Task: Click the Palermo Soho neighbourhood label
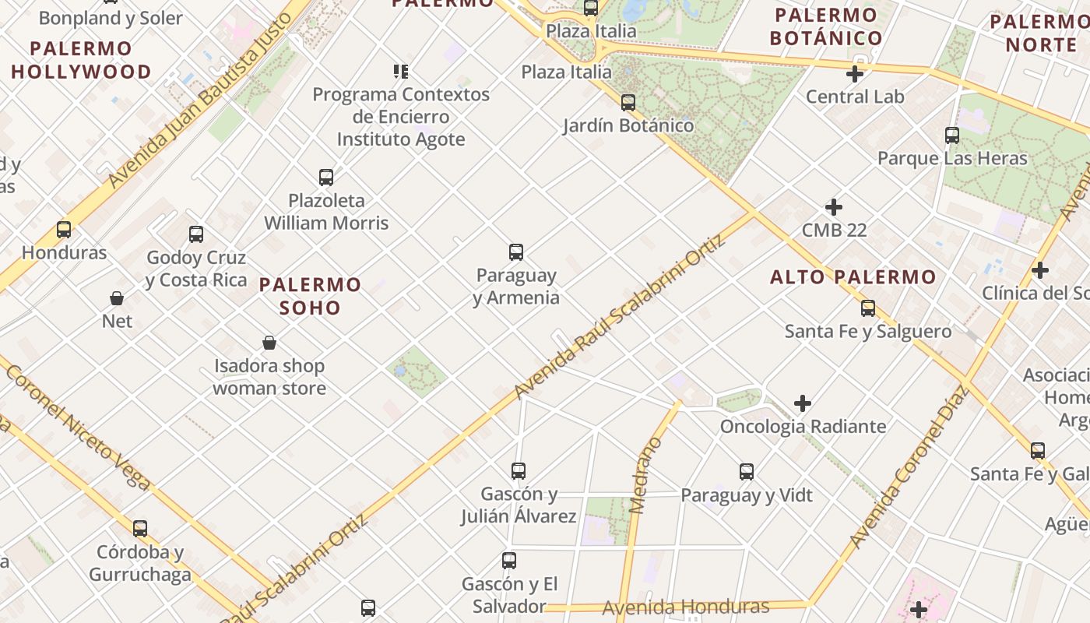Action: (310, 296)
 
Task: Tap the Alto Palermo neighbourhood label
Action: (853, 277)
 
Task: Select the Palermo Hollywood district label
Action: (81, 60)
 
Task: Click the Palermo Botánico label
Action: (826, 26)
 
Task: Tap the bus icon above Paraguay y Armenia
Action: (516, 252)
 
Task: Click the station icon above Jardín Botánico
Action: (628, 103)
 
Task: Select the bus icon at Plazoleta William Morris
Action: (326, 178)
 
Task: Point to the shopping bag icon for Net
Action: (117, 298)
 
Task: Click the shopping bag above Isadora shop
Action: (269, 343)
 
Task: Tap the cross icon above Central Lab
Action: (855, 74)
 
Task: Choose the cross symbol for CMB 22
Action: (834, 207)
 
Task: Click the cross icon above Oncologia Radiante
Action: (803, 403)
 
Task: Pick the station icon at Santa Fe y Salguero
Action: (868, 308)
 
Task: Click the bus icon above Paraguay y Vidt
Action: (747, 472)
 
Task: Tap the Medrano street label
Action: (647, 475)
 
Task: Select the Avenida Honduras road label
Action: (685, 607)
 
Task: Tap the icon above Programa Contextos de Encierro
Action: (401, 72)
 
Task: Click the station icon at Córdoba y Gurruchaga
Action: (140, 529)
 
